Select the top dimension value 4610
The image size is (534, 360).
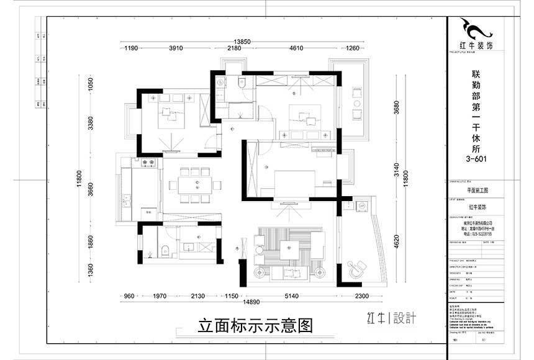[x=296, y=48]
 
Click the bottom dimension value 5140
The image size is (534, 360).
[x=291, y=295]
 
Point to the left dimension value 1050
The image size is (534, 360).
[x=90, y=84]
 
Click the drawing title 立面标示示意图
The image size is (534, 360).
[x=255, y=326]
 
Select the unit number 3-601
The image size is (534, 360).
[x=476, y=158]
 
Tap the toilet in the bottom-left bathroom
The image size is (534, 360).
[x=165, y=251]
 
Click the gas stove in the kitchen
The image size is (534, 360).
[x=148, y=163]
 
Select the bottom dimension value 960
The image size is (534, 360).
[x=130, y=295]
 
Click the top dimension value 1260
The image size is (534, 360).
[x=353, y=48]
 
